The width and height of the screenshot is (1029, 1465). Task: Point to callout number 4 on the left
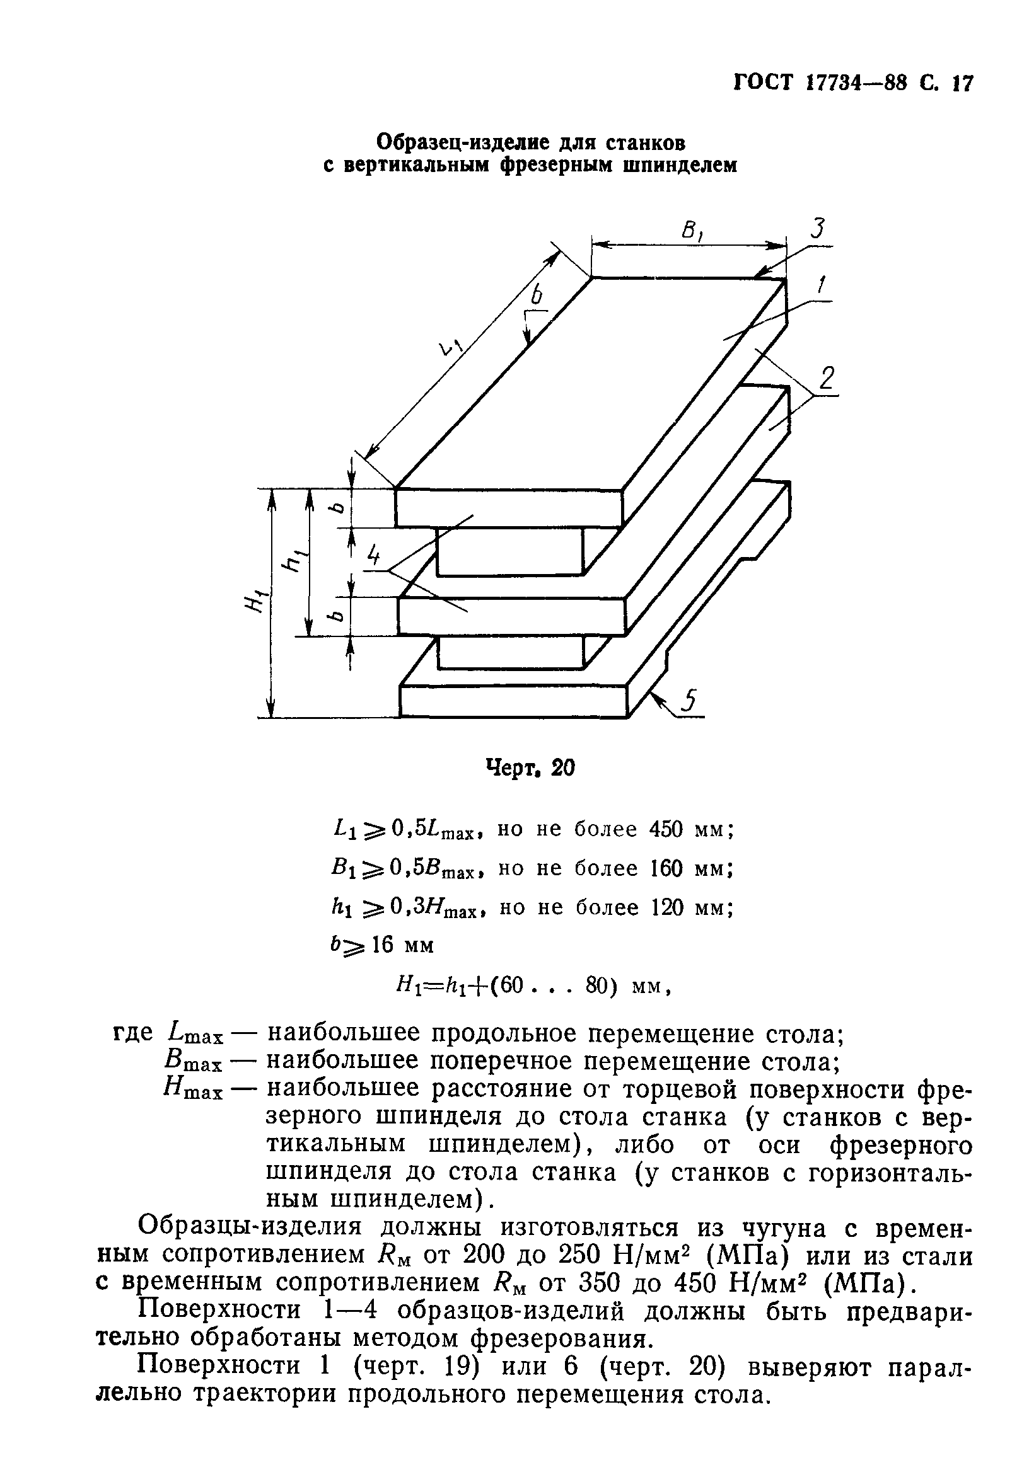tap(373, 558)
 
